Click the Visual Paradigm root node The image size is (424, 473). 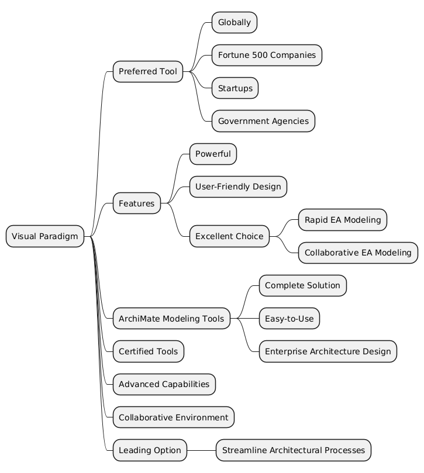click(x=45, y=236)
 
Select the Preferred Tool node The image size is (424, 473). click(x=147, y=72)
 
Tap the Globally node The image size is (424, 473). click(x=234, y=23)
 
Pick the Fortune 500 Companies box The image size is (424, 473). click(x=267, y=56)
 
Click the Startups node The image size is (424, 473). click(x=235, y=88)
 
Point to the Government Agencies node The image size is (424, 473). click(x=263, y=121)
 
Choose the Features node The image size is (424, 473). click(x=136, y=203)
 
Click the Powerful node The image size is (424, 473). click(x=213, y=154)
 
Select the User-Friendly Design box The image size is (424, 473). click(x=238, y=187)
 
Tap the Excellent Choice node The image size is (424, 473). click(x=230, y=236)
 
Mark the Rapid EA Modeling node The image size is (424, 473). click(x=342, y=220)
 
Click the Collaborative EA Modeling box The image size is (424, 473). click(x=358, y=253)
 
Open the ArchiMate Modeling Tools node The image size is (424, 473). click(x=171, y=319)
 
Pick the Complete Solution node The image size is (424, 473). click(x=302, y=286)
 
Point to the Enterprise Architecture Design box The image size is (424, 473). click(x=328, y=351)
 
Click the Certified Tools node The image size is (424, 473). click(x=149, y=351)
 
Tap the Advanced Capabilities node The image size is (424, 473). click(x=164, y=384)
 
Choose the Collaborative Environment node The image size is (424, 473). click(x=173, y=417)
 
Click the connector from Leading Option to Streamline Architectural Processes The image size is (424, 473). click(x=202, y=450)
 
